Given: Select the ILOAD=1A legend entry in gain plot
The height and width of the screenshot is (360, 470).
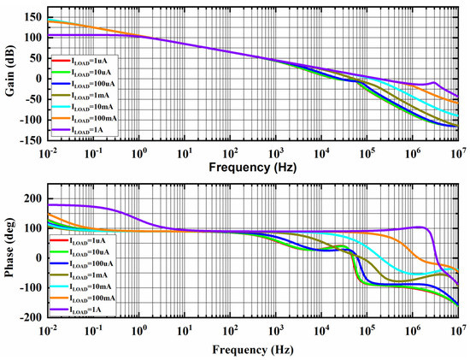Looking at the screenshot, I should pyautogui.click(x=84, y=130).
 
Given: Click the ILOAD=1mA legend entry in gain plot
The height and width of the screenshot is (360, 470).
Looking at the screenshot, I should pyautogui.click(x=84, y=97).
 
